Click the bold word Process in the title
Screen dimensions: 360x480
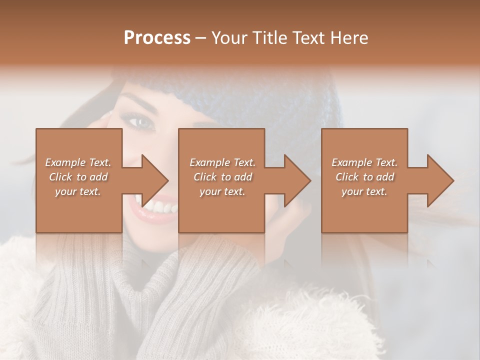point(157,38)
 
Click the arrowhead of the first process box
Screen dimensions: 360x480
point(155,180)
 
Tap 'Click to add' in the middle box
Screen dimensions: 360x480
point(222,177)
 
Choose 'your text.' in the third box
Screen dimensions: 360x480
point(364,191)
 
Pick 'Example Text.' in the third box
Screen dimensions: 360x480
point(364,162)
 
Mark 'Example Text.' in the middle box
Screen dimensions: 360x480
point(222,162)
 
